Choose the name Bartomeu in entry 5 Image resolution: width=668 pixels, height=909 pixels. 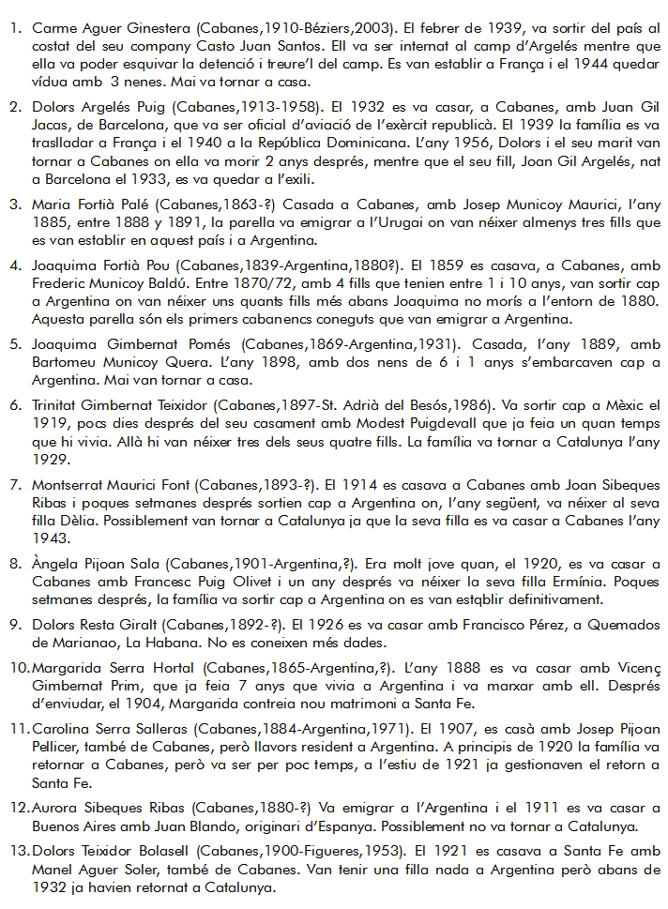(x=65, y=361)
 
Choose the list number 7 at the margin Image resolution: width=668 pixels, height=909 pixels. (x=16, y=486)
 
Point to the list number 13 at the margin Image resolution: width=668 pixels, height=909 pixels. (x=19, y=851)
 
